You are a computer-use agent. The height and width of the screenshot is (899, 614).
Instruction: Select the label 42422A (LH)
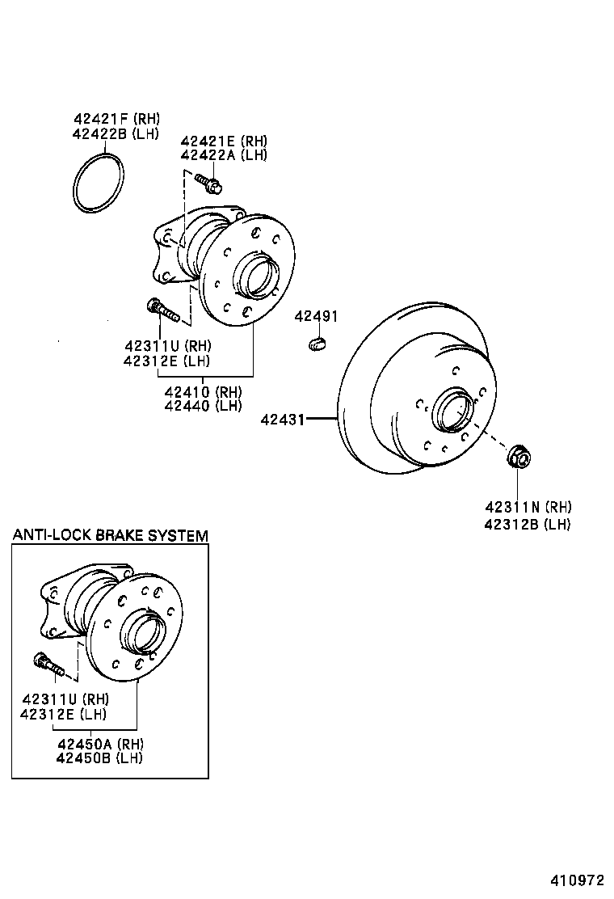pos(224,155)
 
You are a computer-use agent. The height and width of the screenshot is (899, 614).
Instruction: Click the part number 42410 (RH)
pos(203,391)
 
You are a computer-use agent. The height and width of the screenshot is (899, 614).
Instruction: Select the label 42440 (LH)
pos(203,406)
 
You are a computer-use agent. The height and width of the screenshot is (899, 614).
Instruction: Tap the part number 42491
pos(316,316)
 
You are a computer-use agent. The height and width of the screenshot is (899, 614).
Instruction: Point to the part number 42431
pos(282,419)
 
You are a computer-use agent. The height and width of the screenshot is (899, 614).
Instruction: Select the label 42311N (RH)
pos(528,508)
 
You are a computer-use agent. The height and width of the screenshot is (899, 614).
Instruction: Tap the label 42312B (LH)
pos(528,524)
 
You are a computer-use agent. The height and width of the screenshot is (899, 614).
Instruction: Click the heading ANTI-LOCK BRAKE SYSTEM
pos(110,535)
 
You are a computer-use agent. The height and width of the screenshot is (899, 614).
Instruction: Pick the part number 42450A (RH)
pos(99,743)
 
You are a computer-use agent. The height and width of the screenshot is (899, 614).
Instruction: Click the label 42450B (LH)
pos(99,758)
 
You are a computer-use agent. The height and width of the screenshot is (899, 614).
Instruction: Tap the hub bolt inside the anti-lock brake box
pos(48,664)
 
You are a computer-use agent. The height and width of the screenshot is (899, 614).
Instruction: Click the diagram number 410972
pos(578,880)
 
